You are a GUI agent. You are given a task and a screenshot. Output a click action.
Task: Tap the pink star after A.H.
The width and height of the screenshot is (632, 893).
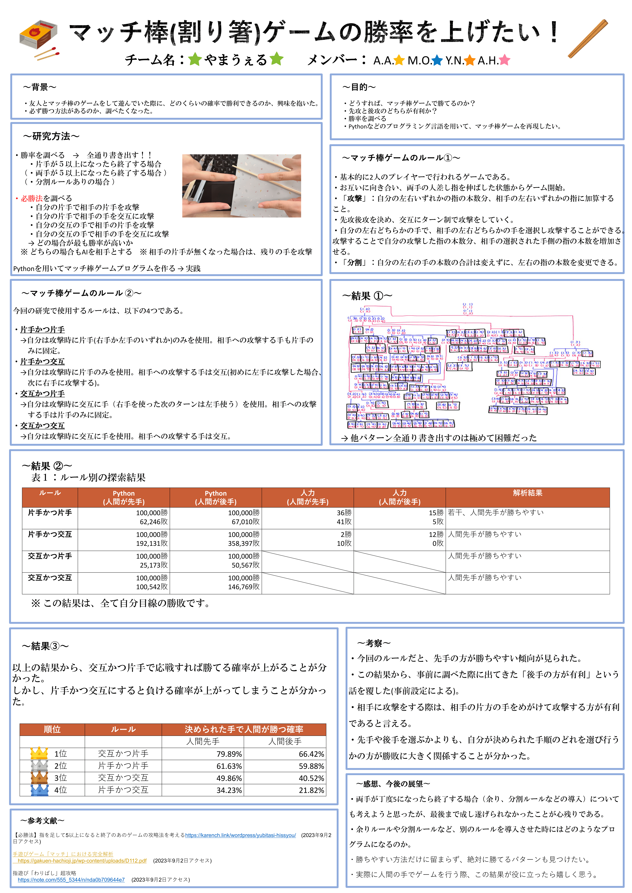pyautogui.click(x=504, y=60)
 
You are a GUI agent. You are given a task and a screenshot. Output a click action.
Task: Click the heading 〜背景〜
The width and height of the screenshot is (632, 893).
pyautogui.click(x=40, y=87)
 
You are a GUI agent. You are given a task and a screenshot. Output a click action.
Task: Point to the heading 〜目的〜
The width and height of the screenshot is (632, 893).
pyautogui.click(x=359, y=87)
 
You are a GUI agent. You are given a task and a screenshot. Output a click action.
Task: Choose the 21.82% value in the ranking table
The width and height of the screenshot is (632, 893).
pyautogui.click(x=311, y=790)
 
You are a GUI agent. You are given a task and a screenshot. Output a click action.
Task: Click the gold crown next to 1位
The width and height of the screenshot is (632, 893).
pyautogui.click(x=39, y=753)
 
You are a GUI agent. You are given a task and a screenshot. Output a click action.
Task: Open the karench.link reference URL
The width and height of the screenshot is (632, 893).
pyautogui.click(x=241, y=835)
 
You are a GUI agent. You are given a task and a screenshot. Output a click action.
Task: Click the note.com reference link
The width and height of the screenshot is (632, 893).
pyautogui.click(x=71, y=880)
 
